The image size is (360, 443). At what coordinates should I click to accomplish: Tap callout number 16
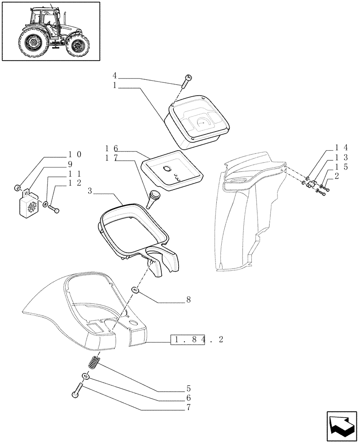tap(111, 148)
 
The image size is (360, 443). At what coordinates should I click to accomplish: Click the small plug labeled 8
tap(137, 290)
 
